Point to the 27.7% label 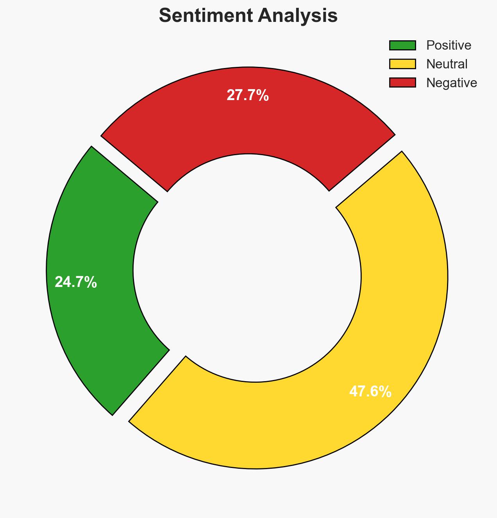pyautogui.click(x=248, y=95)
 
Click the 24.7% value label pyautogui.click(x=76, y=282)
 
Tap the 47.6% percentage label pyautogui.click(x=370, y=392)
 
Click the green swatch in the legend pyautogui.click(x=402, y=45)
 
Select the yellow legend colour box pyautogui.click(x=402, y=64)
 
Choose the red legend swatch pyautogui.click(x=402, y=83)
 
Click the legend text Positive pyautogui.click(x=449, y=45)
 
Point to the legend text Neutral pyautogui.click(x=447, y=64)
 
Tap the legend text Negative pyautogui.click(x=451, y=83)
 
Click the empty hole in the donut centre pyautogui.click(x=248, y=270)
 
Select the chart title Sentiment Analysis pyautogui.click(x=248, y=16)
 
